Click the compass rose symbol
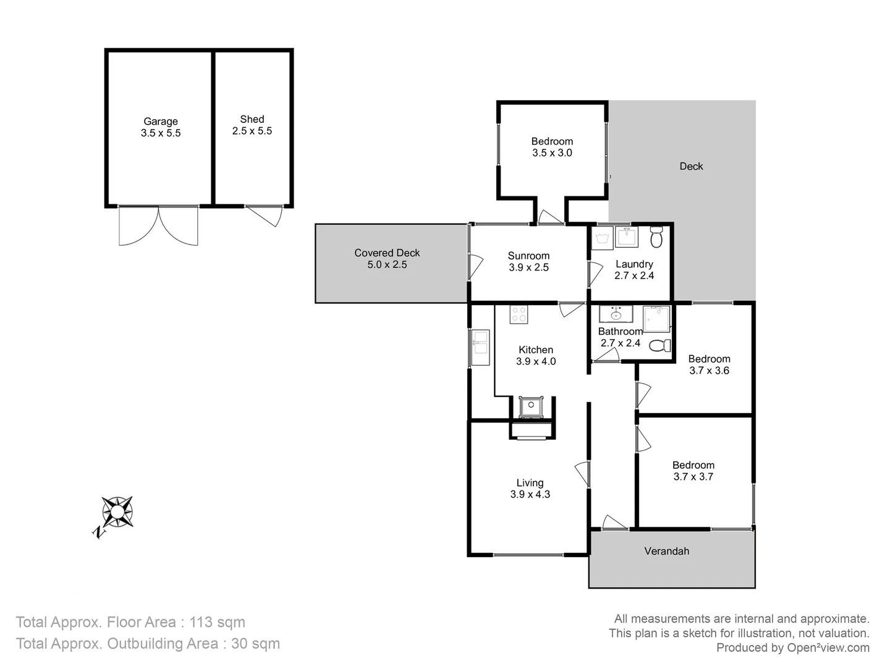coord(117,512)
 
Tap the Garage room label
coord(161,122)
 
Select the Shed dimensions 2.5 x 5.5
coord(252,131)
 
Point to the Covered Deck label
coord(387,253)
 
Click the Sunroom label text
coord(528,256)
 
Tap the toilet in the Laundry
coord(656,237)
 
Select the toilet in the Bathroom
coord(660,345)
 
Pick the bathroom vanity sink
coord(616,314)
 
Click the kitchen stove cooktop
coord(519,315)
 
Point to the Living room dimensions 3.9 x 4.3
coord(530,494)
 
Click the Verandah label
coord(666,551)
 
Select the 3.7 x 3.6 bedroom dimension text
coord(709,371)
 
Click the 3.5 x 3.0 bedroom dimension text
coord(552,153)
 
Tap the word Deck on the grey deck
coord(691,166)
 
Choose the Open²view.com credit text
coord(828,648)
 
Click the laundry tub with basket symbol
coord(602,238)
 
